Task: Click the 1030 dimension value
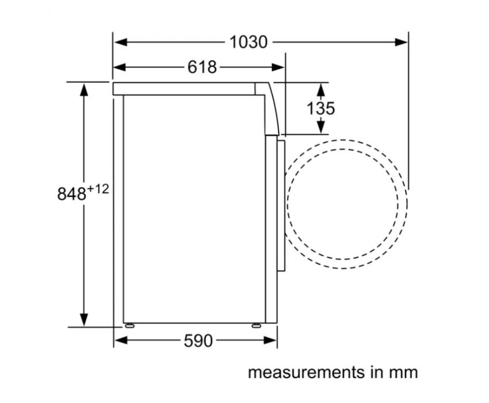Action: [248, 42]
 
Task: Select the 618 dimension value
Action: [202, 67]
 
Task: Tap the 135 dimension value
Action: [320, 108]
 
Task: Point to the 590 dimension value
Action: [198, 341]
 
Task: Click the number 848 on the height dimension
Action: [71, 194]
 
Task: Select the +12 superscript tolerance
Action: [98, 189]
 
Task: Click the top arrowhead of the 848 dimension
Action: [84, 89]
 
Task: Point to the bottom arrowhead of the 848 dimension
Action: [84, 319]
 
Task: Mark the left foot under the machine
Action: [128, 326]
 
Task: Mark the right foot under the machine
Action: [256, 326]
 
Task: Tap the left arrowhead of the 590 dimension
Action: [120, 341]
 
